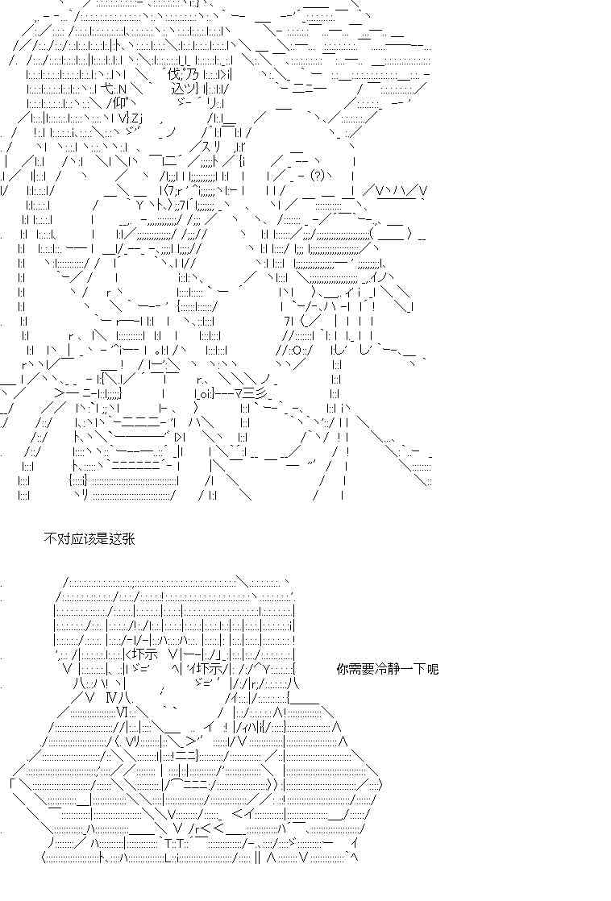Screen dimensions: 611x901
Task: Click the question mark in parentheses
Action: pyautogui.click(x=318, y=175)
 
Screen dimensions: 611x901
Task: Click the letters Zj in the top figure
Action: pyautogui.click(x=136, y=118)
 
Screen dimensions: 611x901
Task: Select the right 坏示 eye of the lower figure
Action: pyautogui.click(x=211, y=668)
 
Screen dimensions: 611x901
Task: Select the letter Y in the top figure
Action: pyautogui.click(x=139, y=206)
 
